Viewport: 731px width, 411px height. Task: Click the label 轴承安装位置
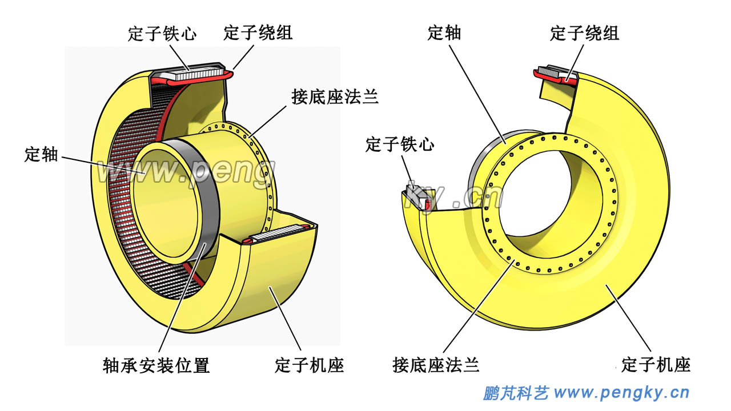pos(156,365)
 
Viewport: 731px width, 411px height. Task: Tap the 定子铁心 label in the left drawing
pos(162,33)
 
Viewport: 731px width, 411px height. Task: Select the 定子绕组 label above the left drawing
pos(258,33)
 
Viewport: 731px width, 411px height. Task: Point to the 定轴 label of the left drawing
pos(41,154)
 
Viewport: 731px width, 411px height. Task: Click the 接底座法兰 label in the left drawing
pos(335,96)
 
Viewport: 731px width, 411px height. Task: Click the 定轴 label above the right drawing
pos(444,33)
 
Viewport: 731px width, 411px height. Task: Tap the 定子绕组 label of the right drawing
pos(584,33)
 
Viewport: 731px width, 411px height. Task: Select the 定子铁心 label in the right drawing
pos(400,144)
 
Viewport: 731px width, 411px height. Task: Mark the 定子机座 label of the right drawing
pos(656,364)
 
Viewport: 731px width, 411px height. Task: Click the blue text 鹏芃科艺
pos(516,393)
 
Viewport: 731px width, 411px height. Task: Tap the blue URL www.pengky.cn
pos(622,393)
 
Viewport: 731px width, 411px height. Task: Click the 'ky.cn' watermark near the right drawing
pos(457,198)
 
